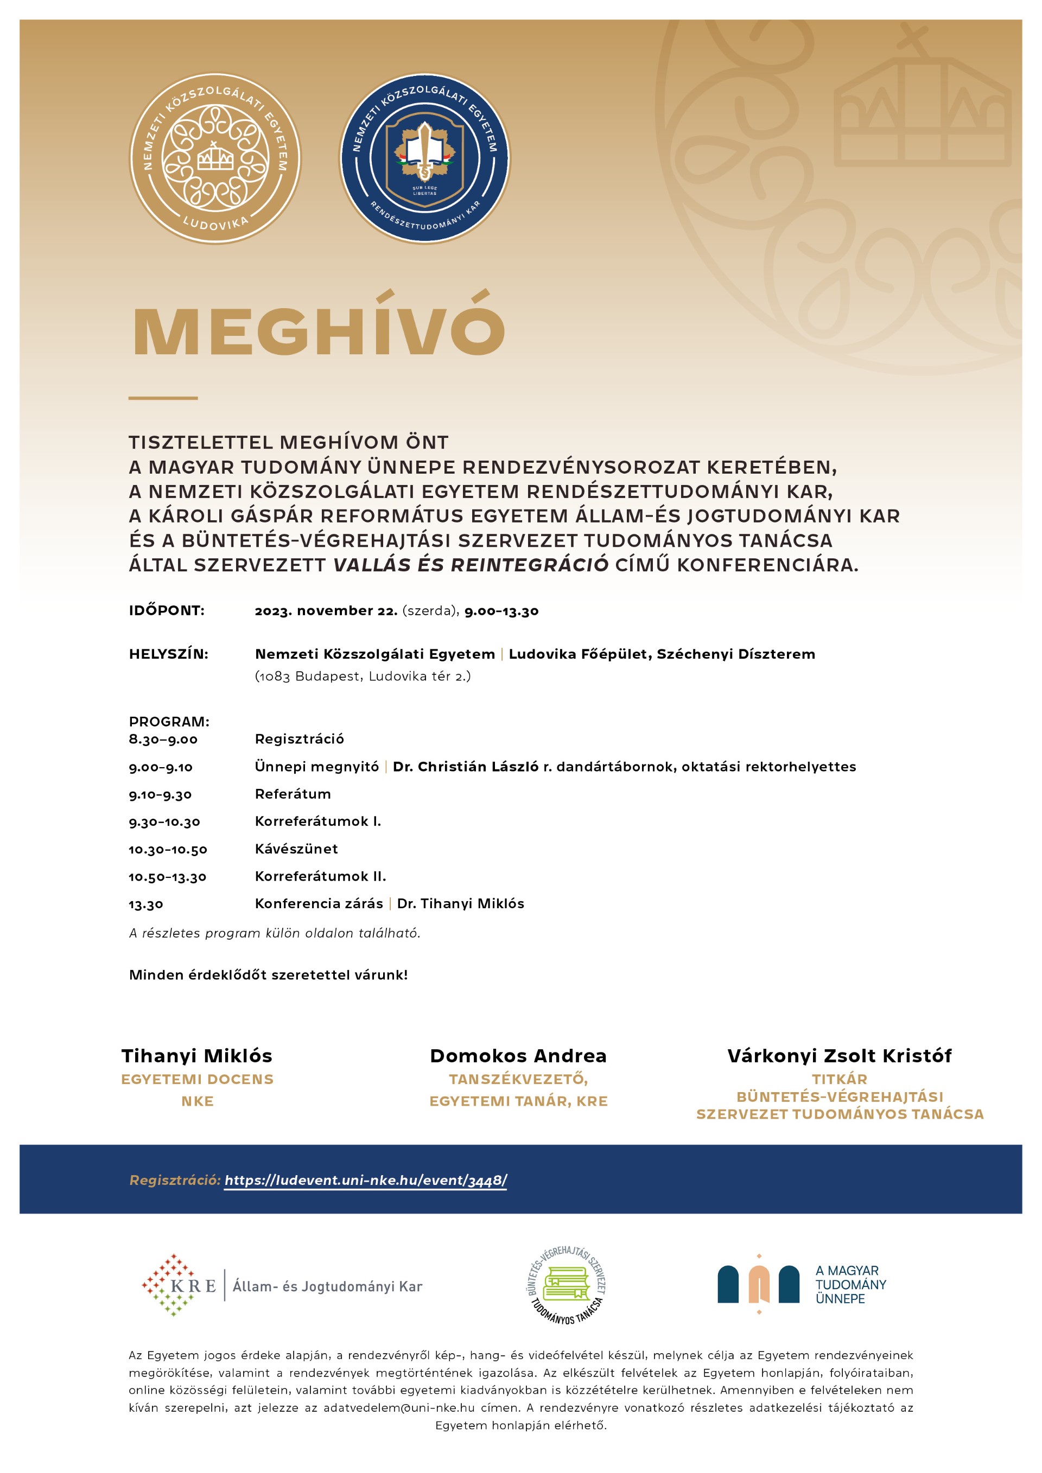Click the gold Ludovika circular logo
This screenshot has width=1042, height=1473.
tap(215, 158)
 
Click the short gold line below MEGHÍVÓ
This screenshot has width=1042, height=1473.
tap(163, 398)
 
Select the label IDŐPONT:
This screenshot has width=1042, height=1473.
tap(167, 611)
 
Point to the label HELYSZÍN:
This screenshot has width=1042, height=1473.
tap(169, 654)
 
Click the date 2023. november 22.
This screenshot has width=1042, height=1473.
tap(326, 611)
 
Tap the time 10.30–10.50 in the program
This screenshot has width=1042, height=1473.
tap(168, 850)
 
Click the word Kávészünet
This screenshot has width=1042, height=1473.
tap(296, 849)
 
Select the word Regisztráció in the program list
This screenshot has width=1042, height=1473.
tap(300, 739)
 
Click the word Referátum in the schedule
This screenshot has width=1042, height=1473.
tap(293, 794)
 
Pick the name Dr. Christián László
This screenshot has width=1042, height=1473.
tap(465, 767)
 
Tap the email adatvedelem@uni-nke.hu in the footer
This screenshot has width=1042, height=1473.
tap(399, 1407)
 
